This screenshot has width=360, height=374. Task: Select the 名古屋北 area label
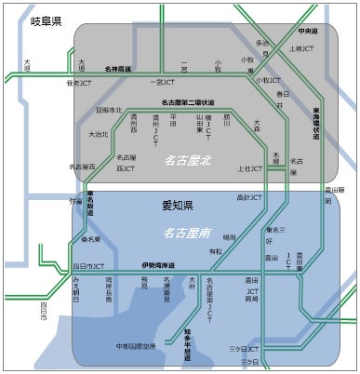(x=188, y=160)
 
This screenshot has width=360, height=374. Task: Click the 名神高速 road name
(x=117, y=70)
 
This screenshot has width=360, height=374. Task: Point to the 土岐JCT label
(x=301, y=48)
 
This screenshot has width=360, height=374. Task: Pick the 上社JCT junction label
(x=250, y=168)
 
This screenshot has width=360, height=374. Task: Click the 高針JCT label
(x=248, y=197)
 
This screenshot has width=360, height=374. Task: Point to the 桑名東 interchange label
(x=90, y=239)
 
